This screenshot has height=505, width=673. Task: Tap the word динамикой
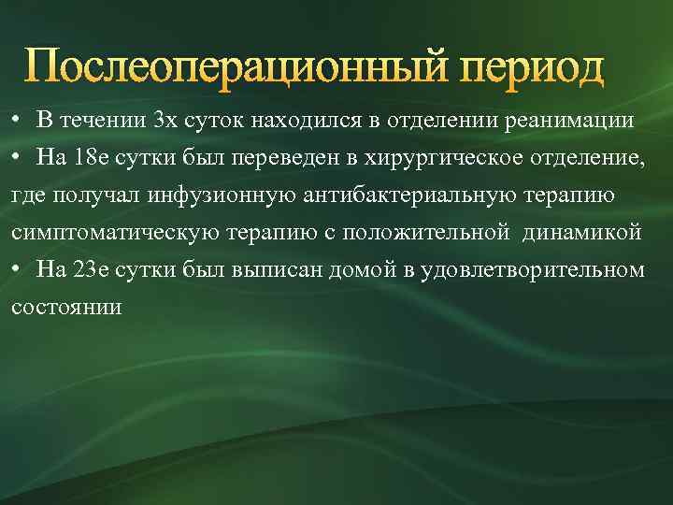click(x=585, y=232)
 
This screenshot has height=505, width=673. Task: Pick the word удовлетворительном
click(x=534, y=269)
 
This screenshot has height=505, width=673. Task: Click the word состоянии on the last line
click(x=66, y=307)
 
